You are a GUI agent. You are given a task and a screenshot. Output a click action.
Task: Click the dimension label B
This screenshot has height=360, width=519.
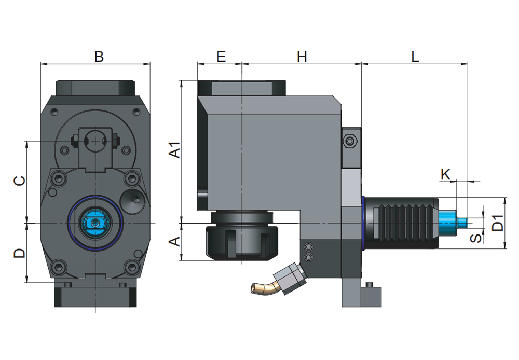[99, 57]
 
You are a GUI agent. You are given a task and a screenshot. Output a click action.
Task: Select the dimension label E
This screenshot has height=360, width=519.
[221, 57]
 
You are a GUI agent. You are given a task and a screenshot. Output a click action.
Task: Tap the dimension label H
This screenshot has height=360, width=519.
[302, 57]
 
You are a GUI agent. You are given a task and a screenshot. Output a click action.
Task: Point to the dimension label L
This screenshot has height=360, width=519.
[415, 57]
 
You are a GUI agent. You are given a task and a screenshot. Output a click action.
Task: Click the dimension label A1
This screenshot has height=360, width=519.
[175, 149]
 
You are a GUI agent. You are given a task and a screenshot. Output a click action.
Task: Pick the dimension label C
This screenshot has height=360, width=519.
[20, 181]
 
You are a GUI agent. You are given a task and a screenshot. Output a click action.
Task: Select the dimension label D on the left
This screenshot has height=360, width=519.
[20, 253]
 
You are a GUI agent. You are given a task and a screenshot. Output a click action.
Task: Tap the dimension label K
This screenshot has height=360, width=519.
[445, 174]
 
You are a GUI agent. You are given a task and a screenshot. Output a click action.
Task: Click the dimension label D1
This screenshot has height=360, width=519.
[498, 223]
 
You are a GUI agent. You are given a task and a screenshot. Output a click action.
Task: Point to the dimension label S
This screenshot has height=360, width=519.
[476, 238]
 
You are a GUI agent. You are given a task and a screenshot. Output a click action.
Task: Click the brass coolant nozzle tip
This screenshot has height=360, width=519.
[255, 288]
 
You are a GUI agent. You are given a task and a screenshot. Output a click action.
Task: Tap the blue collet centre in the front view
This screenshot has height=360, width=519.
[95, 224]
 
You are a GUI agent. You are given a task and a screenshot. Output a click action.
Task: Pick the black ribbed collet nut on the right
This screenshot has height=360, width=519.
[402, 223]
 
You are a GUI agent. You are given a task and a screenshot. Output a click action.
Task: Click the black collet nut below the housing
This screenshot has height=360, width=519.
[242, 242]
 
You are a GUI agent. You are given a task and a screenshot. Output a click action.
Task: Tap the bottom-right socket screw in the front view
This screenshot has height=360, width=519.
[132, 267]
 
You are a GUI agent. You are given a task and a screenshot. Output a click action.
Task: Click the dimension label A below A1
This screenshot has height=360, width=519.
[175, 242]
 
